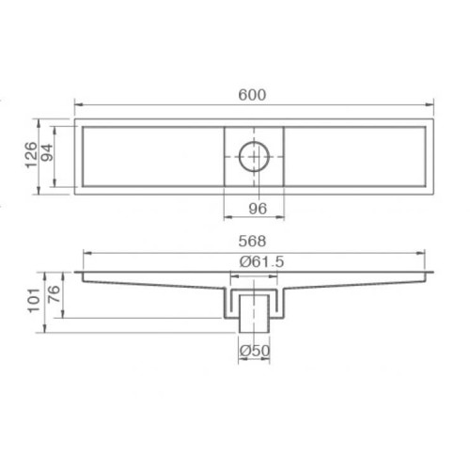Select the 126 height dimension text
(30, 156)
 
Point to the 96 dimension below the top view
(254, 208)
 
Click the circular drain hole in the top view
(254, 156)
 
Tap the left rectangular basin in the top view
(150, 156)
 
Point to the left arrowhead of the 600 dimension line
(77, 105)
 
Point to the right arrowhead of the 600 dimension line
(431, 105)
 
